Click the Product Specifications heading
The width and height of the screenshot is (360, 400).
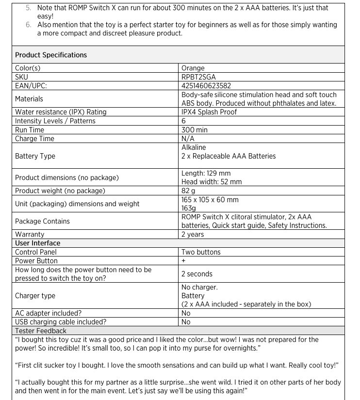point(51,55)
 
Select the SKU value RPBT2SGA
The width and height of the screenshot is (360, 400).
point(198,77)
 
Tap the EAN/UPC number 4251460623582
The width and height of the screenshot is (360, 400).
point(206,85)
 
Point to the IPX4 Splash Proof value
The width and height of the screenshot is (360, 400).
point(209,112)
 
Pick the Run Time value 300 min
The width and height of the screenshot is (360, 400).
point(195,130)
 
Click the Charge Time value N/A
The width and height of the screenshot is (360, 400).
point(188,139)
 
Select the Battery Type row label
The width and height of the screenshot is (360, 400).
point(35,156)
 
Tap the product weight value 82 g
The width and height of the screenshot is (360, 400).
point(189,191)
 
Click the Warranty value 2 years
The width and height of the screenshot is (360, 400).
point(193,234)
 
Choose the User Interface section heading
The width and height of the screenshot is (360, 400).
point(38,243)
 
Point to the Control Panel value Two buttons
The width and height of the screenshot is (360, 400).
point(201,252)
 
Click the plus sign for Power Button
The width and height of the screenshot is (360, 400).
point(183,261)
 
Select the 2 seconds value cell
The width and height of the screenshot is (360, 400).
point(197,274)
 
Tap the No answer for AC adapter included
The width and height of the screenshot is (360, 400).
point(186,313)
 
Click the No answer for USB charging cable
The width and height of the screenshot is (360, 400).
point(186,321)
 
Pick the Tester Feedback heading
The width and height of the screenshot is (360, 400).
point(41,331)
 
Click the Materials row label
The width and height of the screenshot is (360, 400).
point(29,99)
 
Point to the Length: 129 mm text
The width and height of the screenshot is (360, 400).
point(206,173)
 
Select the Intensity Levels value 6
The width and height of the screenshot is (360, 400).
point(184,121)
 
